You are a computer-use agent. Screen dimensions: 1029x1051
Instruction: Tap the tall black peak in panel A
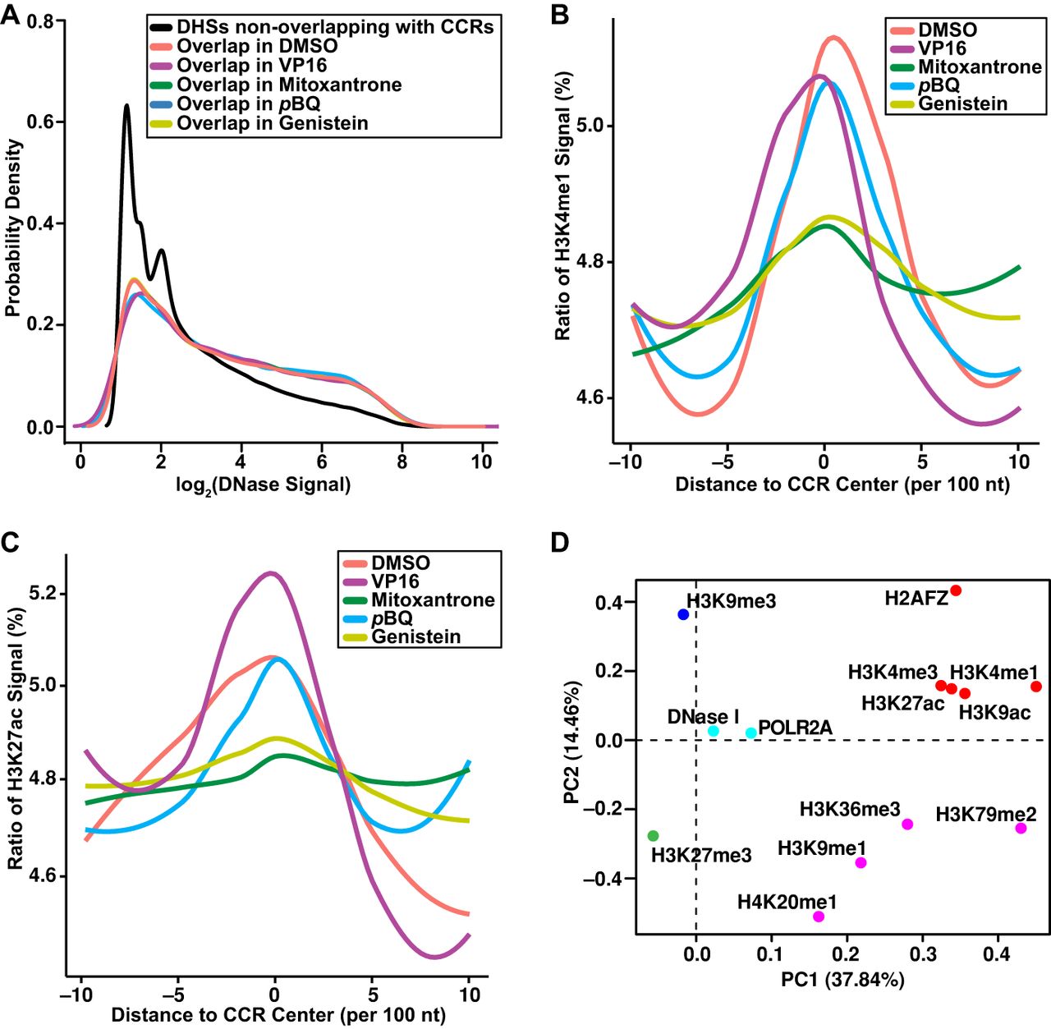point(126,106)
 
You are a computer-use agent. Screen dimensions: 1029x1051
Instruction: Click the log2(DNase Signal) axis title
point(263,485)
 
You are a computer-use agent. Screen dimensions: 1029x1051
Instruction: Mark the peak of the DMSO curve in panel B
point(833,38)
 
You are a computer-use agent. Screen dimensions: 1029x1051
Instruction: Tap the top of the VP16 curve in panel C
point(271,573)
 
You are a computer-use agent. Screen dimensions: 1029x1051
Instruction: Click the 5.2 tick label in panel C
point(44,593)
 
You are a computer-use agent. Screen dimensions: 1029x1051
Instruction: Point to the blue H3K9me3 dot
point(683,614)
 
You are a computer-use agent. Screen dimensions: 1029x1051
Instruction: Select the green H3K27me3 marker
point(653,836)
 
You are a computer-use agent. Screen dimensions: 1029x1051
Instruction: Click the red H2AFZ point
point(956,590)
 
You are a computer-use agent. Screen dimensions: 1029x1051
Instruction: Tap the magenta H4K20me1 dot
point(819,916)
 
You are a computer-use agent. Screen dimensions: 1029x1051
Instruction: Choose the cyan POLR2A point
point(751,733)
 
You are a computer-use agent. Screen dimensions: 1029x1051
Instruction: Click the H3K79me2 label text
point(985,815)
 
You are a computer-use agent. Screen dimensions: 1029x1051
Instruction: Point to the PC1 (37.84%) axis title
point(842,979)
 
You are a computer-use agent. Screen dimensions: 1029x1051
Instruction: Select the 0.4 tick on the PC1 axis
point(997,954)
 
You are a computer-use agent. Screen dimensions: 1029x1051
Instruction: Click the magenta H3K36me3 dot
point(907,824)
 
